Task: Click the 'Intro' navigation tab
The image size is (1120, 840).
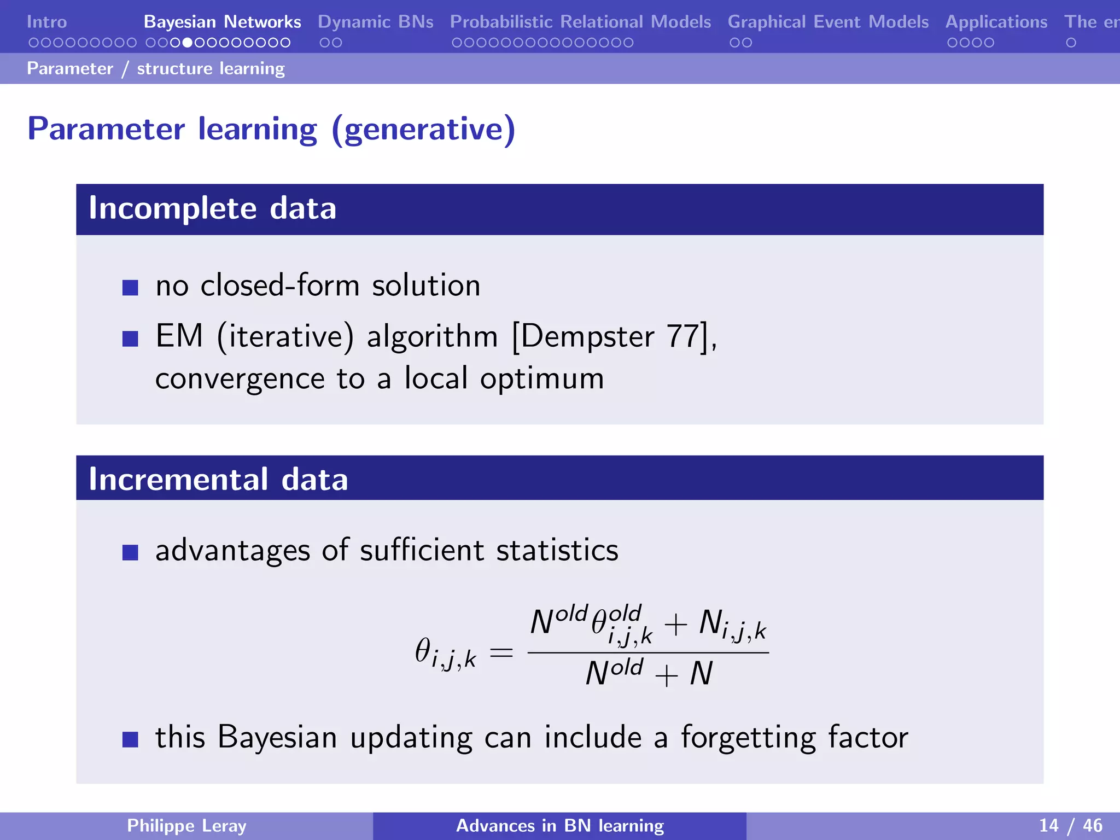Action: point(46,22)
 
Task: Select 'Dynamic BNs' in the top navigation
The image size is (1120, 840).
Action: point(375,22)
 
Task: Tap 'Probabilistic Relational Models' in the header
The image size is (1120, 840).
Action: point(580,22)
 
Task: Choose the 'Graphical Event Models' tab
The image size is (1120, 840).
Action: point(828,22)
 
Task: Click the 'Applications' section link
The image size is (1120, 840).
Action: point(996,22)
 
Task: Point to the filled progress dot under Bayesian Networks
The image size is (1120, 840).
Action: point(187,43)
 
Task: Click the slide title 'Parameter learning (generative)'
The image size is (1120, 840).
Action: point(271,129)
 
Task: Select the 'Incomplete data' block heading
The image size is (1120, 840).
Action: point(212,208)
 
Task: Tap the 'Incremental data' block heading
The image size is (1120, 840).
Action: point(218,479)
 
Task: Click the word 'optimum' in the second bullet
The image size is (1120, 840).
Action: point(541,378)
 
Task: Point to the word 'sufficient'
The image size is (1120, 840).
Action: point(422,550)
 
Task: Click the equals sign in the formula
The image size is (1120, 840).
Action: point(501,653)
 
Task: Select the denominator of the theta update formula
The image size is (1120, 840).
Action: point(649,674)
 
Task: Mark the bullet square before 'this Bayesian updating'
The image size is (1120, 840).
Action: point(130,739)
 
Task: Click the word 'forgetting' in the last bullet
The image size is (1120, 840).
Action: point(748,738)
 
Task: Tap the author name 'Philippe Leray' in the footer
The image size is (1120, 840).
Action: point(186,826)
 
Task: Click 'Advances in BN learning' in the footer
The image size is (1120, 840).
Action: point(560,826)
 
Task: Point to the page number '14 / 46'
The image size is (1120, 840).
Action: point(1070,826)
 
